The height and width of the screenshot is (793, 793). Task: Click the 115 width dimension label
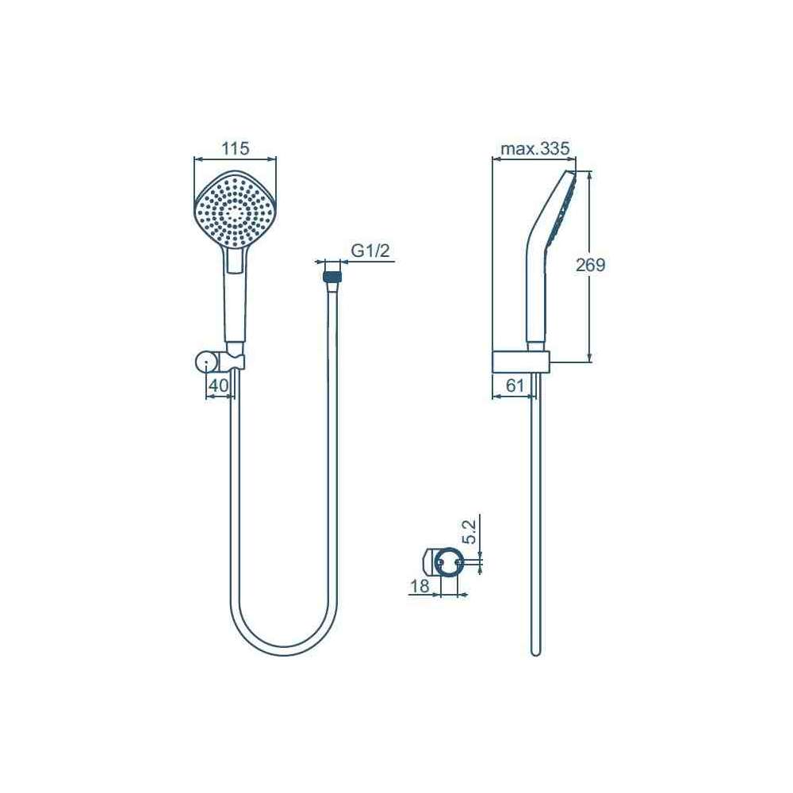[x=236, y=148]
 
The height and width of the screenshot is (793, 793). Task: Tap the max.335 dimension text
[x=534, y=148]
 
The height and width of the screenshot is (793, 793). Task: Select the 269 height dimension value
[x=590, y=265]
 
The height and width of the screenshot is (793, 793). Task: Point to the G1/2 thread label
[x=370, y=251]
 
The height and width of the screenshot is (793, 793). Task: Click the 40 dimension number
[x=219, y=385]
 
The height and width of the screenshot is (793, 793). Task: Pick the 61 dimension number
[x=515, y=385]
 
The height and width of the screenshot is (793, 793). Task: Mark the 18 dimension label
[x=419, y=586]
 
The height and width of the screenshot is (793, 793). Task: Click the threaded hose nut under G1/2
[x=331, y=277]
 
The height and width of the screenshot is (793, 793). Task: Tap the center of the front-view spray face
[x=236, y=213]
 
